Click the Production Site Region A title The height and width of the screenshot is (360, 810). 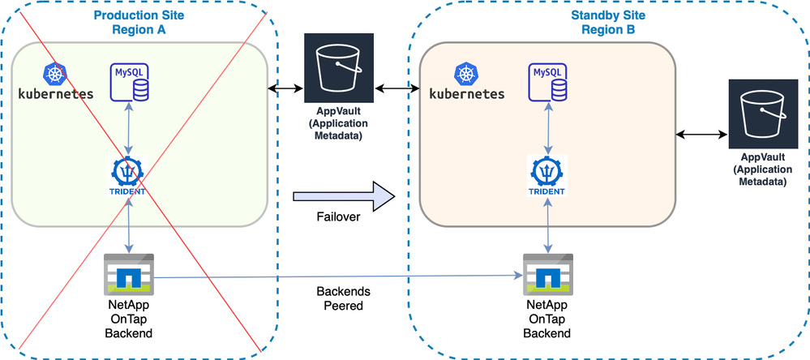click(x=137, y=23)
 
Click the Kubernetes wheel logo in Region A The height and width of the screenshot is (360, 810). click(x=56, y=74)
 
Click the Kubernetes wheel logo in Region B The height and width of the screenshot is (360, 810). click(x=467, y=75)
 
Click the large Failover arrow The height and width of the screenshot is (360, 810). click(x=344, y=195)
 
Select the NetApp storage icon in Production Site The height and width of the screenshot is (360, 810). click(x=130, y=274)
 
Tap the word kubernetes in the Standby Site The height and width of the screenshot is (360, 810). click(x=466, y=93)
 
